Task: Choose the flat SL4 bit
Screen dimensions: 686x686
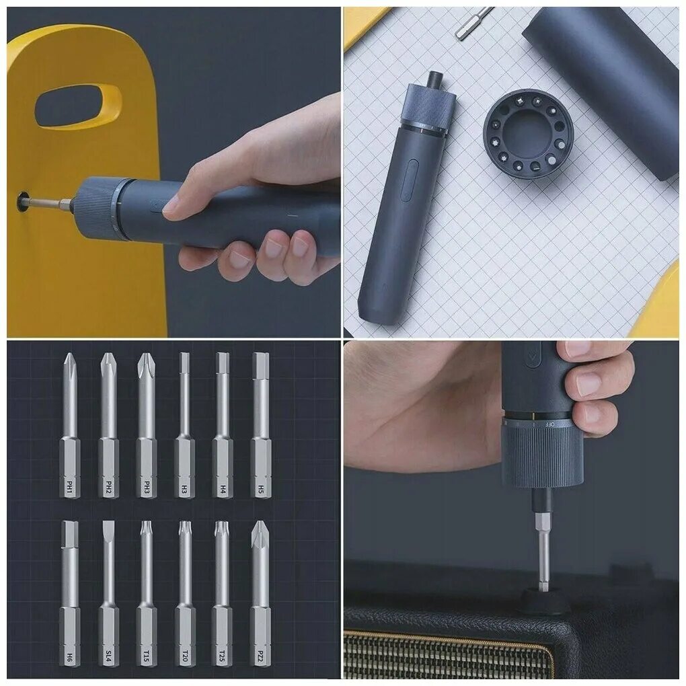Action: (108, 592)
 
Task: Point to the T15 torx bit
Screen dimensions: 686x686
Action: (146, 592)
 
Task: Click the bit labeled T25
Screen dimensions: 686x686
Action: (222, 592)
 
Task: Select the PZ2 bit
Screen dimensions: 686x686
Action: (260, 592)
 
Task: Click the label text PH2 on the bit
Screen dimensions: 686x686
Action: (108, 486)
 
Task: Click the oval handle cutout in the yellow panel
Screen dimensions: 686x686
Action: (78, 106)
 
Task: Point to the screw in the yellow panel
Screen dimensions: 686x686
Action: (24, 200)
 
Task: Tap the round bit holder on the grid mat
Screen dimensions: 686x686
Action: (528, 133)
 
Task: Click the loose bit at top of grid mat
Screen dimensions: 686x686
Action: (473, 23)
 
